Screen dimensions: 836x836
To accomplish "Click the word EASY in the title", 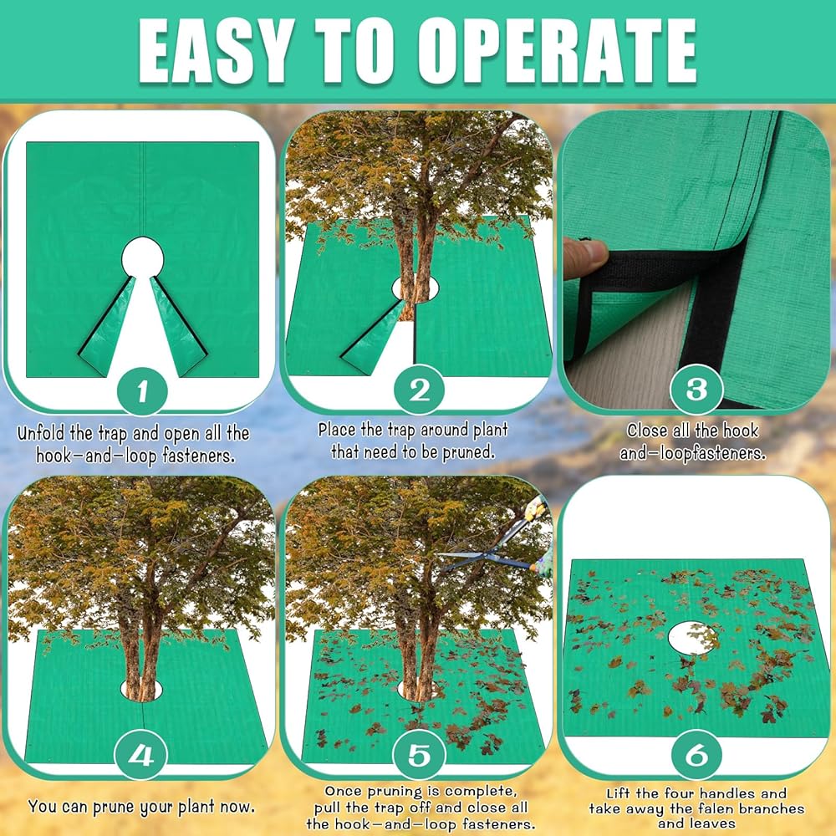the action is [214, 51].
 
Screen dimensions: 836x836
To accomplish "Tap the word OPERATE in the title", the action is [557, 51].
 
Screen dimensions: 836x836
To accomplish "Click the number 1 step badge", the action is [142, 392].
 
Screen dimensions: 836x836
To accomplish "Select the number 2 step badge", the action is [419, 390].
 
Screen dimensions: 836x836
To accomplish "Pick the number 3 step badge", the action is [696, 389].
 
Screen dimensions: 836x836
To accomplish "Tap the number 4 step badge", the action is [140, 754].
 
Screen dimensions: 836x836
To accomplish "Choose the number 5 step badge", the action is [419, 754].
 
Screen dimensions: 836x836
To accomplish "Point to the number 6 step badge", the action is [696, 754].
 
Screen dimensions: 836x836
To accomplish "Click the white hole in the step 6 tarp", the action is [693, 638].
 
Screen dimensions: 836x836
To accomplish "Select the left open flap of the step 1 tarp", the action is [107, 325].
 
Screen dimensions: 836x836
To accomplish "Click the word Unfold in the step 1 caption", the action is [39, 433].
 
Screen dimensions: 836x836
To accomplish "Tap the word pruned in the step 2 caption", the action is [467, 452].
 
